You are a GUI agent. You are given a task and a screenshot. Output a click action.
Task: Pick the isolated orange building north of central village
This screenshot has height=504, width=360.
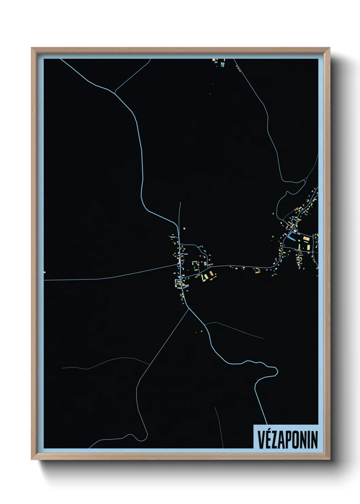click(184, 228)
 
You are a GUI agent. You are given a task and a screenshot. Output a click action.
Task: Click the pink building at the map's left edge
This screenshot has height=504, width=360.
click(45, 272)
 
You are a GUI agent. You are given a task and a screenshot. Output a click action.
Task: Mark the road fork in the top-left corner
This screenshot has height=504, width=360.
click(115, 92)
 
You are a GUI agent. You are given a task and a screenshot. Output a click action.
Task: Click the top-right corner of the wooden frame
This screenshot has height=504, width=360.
click(329, 48)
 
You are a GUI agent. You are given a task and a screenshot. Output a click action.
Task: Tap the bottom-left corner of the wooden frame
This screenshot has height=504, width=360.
click(32, 459)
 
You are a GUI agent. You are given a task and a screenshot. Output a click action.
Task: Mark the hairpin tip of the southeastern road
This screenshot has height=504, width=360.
click(276, 369)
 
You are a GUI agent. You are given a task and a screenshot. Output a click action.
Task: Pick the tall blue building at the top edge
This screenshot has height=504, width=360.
click(224, 63)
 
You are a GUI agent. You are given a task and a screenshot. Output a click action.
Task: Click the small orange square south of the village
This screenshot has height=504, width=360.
click(201, 331)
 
